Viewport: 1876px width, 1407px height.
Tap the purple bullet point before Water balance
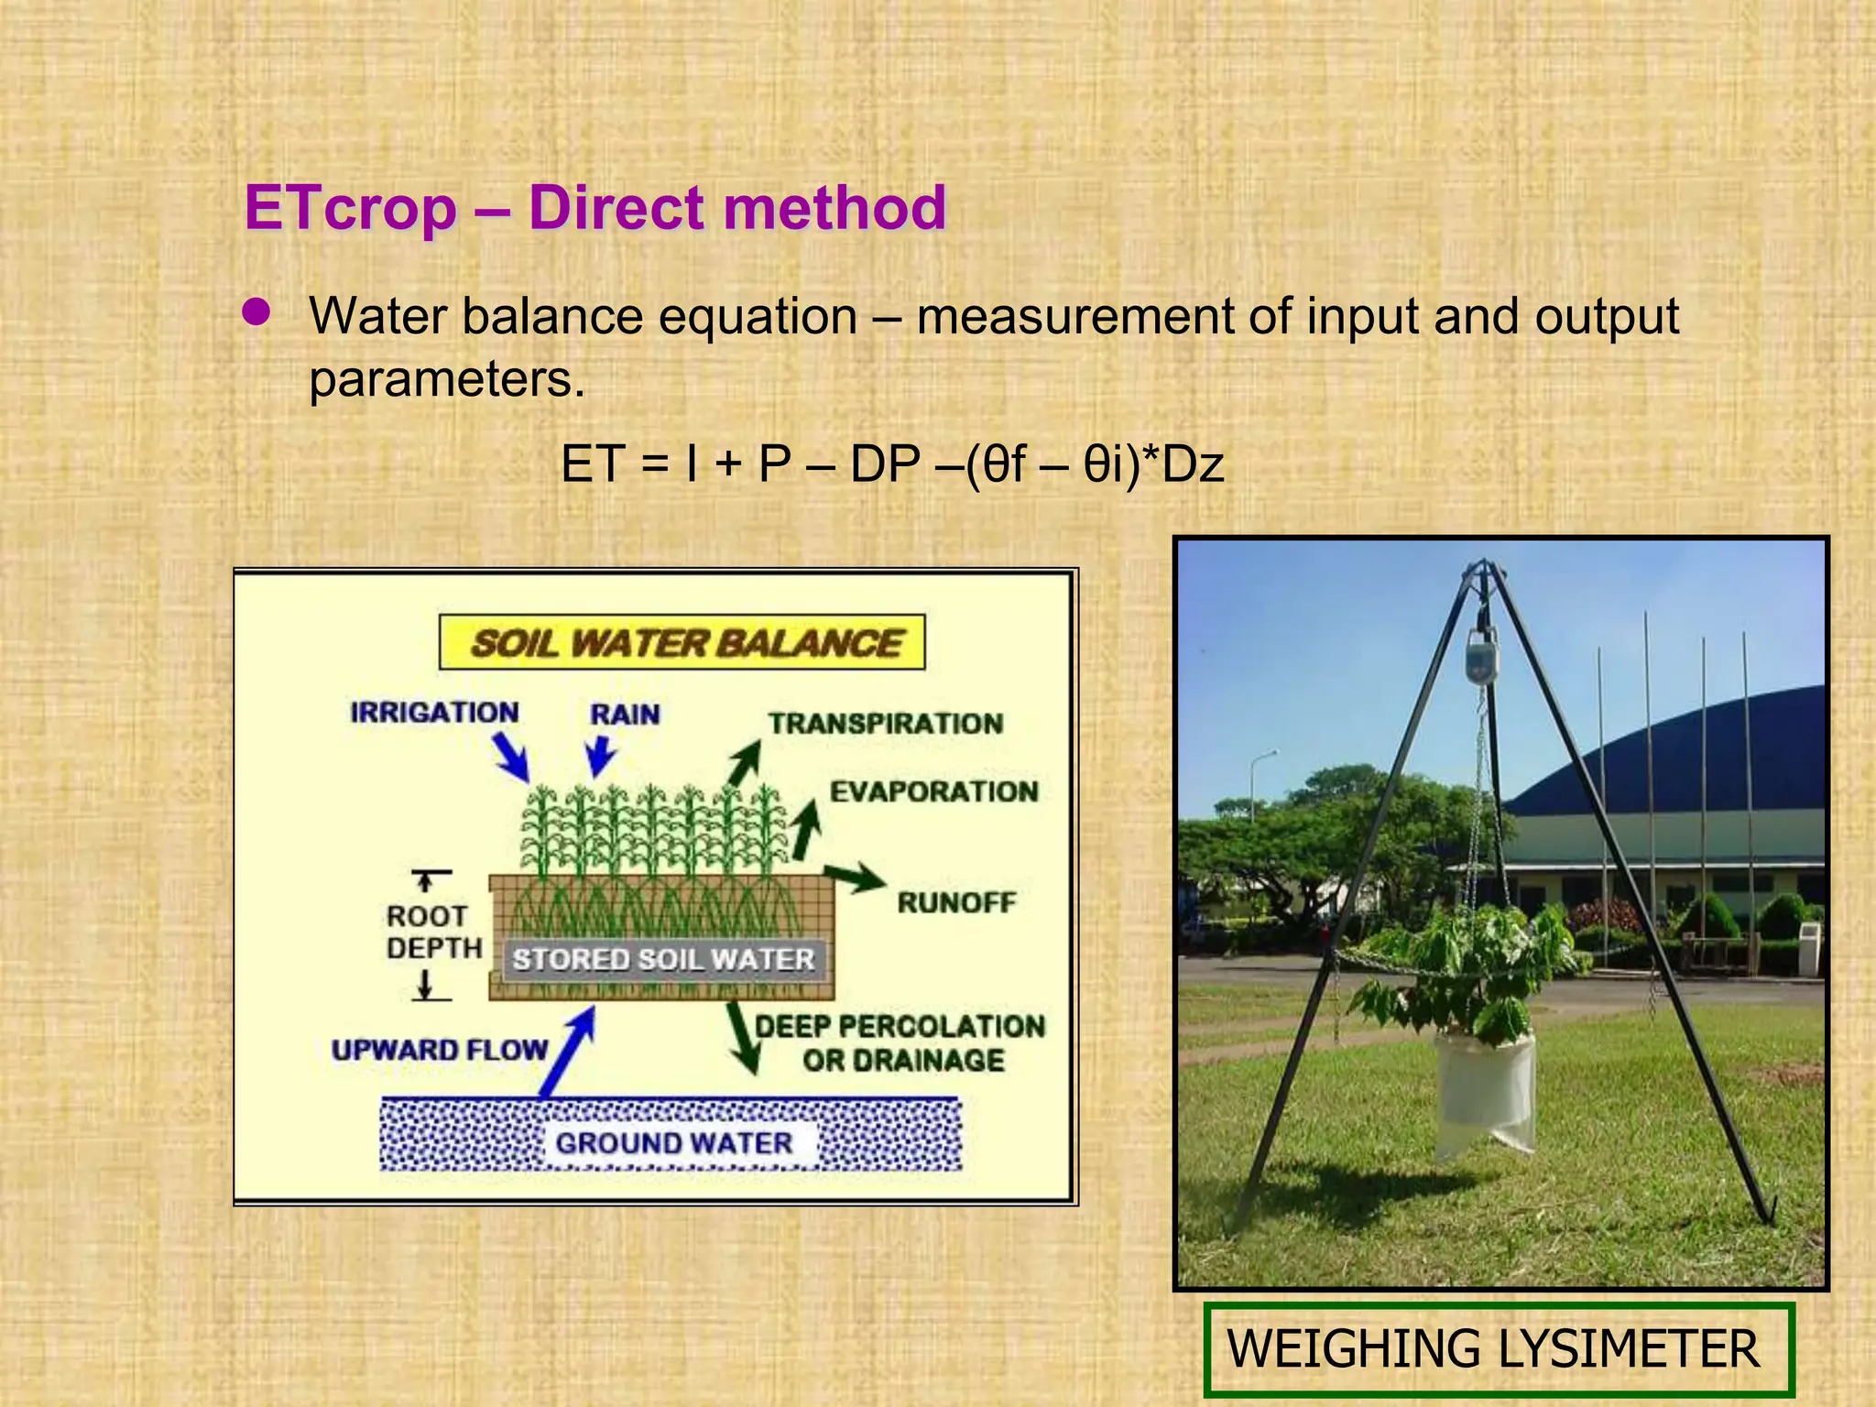[x=256, y=313]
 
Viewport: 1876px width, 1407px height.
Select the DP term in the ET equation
[x=885, y=464]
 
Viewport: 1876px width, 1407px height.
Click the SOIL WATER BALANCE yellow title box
[x=682, y=642]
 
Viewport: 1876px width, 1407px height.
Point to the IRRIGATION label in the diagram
[x=434, y=713]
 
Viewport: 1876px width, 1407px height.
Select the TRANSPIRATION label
[x=885, y=724]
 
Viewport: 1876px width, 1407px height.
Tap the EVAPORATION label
[x=933, y=791]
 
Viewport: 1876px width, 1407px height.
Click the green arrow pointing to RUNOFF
[x=854, y=878]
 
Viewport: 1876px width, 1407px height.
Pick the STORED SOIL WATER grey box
[x=663, y=959]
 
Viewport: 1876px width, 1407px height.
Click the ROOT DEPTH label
[x=432, y=932]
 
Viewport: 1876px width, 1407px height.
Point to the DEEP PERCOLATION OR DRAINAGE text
[x=900, y=1043]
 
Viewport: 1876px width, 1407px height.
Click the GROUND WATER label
[x=674, y=1143]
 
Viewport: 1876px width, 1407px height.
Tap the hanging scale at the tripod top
[x=1481, y=658]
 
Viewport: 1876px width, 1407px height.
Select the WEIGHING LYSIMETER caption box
[x=1498, y=1348]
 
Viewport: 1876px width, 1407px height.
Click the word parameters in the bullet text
[x=446, y=378]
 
